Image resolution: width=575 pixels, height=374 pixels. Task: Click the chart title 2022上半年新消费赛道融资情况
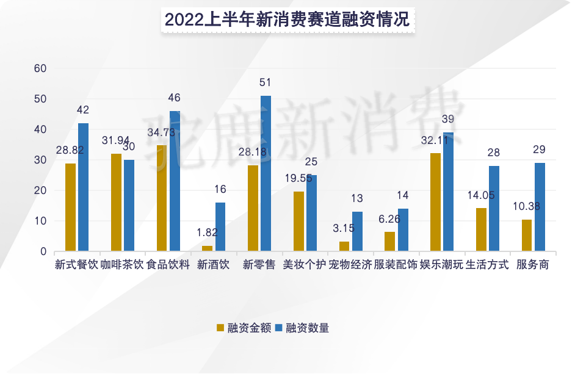(x=287, y=19)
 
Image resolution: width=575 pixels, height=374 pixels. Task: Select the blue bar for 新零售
(x=266, y=173)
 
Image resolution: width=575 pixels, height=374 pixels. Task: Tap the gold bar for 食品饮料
(x=162, y=198)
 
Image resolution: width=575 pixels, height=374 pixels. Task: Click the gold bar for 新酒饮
(x=208, y=248)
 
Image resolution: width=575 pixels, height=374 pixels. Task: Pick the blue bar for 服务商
(x=540, y=207)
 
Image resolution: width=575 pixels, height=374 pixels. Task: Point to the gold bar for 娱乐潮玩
(x=435, y=202)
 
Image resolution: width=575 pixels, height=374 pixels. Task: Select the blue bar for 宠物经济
(x=357, y=231)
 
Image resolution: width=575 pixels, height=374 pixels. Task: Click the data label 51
(x=265, y=82)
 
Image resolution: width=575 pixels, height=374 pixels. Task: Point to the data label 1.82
(x=206, y=232)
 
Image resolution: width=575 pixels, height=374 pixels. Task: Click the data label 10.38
(x=526, y=206)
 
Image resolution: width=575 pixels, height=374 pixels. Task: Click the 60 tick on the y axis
(x=40, y=68)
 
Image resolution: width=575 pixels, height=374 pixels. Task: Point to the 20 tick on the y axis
(x=40, y=190)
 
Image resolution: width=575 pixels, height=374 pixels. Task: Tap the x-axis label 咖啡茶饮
(x=122, y=265)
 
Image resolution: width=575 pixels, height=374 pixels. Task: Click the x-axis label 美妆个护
(x=305, y=265)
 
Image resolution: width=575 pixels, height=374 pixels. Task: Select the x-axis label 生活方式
(x=487, y=265)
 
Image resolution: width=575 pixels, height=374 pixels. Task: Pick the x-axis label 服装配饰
(x=396, y=265)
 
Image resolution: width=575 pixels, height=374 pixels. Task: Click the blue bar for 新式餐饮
(x=84, y=187)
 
